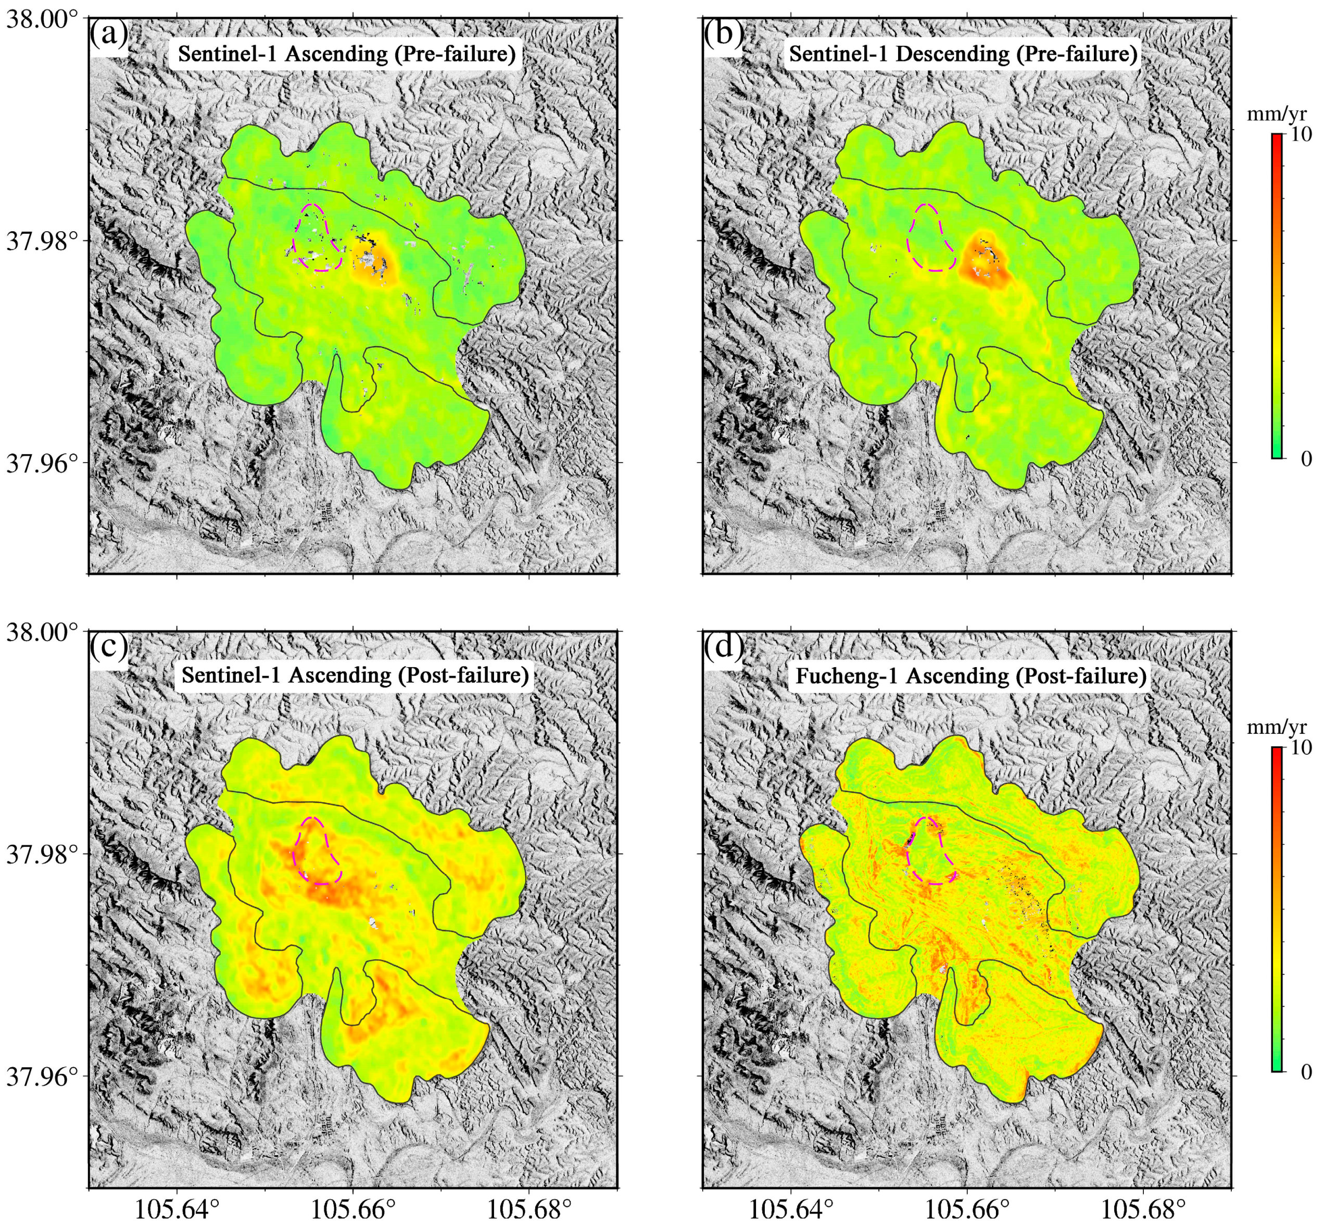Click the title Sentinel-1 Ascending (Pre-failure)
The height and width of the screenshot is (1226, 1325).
pyautogui.click(x=346, y=54)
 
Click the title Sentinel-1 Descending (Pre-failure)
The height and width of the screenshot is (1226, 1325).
pyautogui.click(x=963, y=54)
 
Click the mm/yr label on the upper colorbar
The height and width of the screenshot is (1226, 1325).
pyautogui.click(x=1277, y=114)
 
